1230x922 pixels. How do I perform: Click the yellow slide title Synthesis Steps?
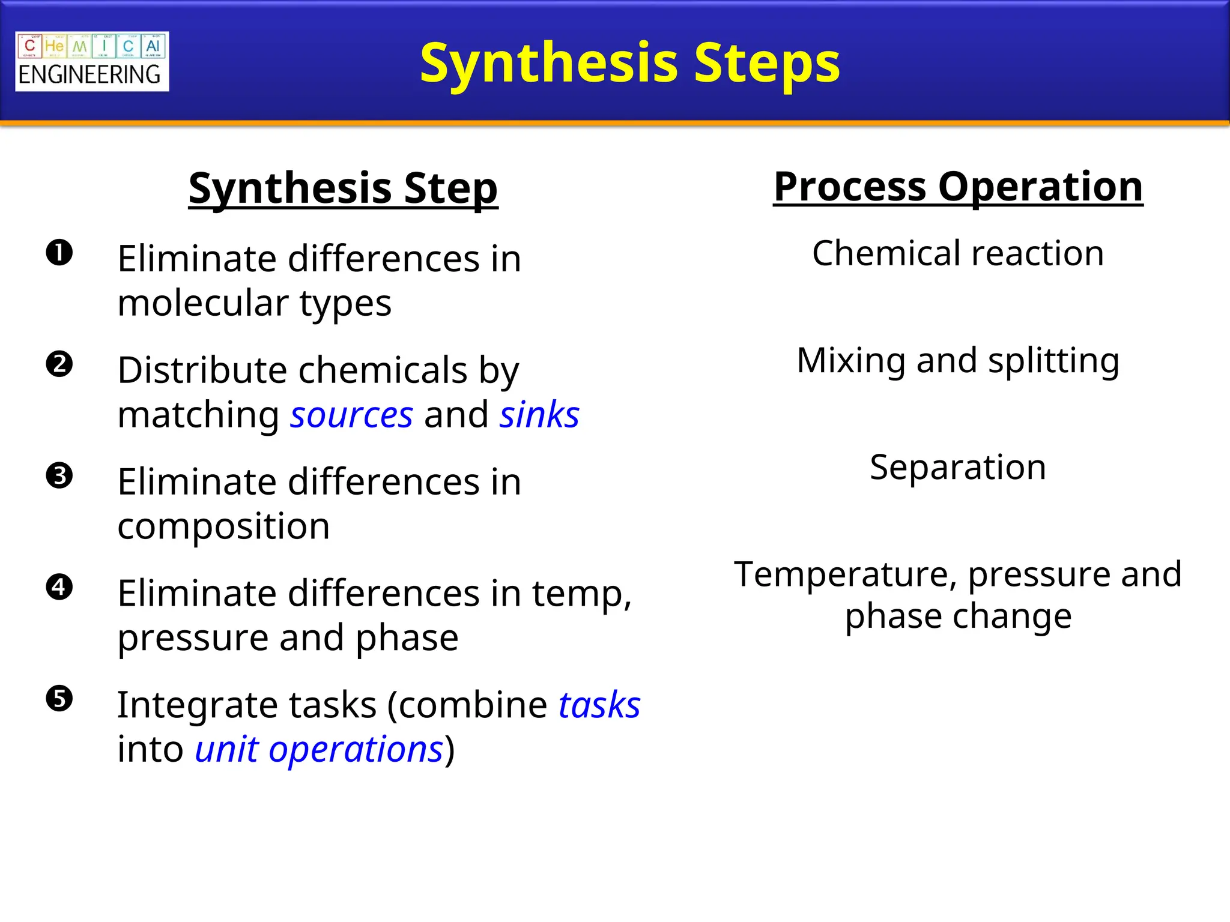629,63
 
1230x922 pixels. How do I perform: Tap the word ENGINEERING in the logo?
90,75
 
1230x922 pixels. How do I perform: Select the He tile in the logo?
54,46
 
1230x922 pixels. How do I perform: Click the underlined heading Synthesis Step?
343,188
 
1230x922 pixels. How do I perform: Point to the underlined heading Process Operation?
958,187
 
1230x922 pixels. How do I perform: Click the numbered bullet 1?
59,253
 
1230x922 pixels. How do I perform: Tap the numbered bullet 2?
59,364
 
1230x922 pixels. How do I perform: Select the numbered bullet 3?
59,476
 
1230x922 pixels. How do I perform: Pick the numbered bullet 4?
59,587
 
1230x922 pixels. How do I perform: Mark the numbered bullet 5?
59,699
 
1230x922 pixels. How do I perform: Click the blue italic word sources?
351,415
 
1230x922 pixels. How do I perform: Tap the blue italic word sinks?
539,414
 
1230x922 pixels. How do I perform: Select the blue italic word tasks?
599,705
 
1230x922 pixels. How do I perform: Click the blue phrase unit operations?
319,750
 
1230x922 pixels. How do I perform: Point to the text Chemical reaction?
958,253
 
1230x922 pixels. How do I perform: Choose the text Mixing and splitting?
958,361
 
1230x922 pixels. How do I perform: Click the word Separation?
958,468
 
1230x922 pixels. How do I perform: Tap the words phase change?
958,616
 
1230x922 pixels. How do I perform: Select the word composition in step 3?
223,526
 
